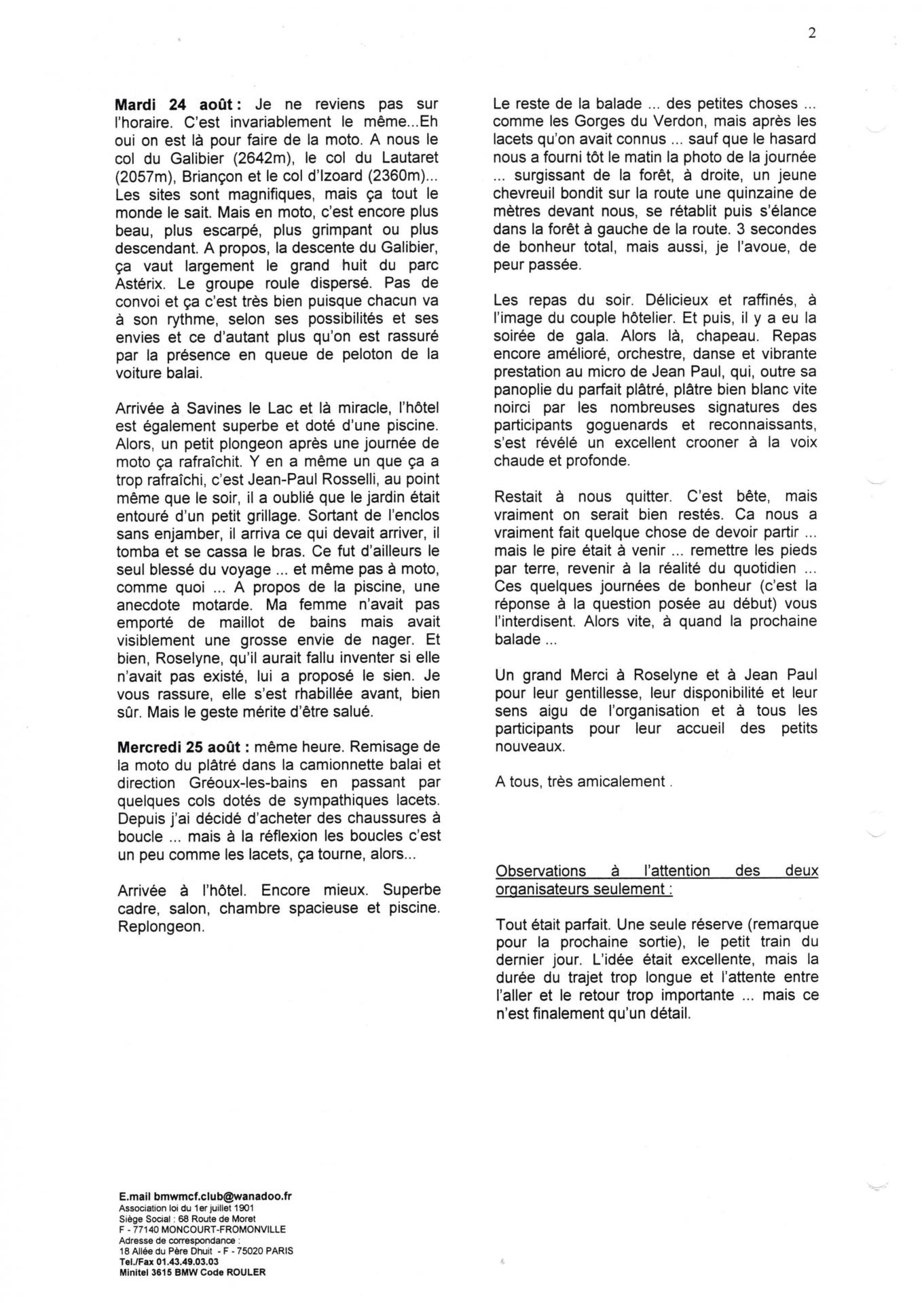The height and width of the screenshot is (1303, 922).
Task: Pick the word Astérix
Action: (x=141, y=283)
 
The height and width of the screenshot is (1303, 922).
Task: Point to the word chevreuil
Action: (x=528, y=193)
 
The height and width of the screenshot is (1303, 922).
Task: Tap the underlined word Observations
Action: (x=540, y=871)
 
